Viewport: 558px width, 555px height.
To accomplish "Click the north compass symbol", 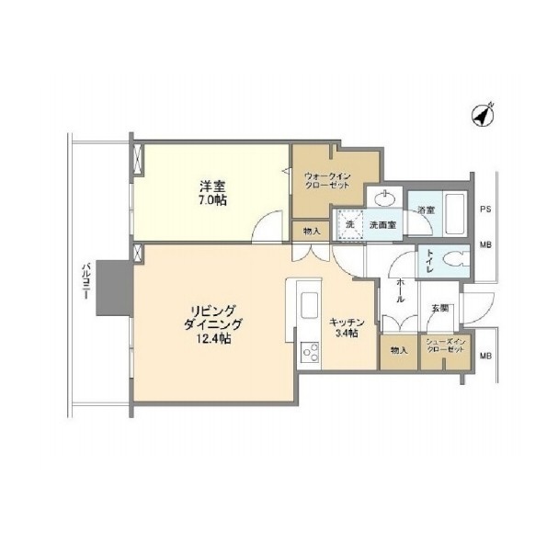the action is (x=483, y=115).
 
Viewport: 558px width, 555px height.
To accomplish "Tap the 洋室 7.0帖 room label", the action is (x=212, y=193).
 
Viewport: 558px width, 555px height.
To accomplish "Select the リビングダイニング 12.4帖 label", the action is (x=212, y=324).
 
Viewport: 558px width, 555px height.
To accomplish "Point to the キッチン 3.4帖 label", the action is (x=347, y=328).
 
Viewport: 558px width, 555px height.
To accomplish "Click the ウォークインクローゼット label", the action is (x=327, y=181).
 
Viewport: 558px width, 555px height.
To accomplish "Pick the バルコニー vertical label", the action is (x=85, y=280).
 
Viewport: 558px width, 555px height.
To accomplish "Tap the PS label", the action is (x=485, y=210).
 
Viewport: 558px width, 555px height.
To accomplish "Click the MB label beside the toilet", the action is (x=485, y=244).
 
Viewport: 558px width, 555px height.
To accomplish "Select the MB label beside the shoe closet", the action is (x=485, y=356).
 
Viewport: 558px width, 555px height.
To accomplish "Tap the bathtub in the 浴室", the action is (x=454, y=214).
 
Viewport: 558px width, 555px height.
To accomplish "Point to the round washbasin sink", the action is (x=385, y=198).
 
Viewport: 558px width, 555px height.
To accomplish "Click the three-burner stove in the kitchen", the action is (x=310, y=351).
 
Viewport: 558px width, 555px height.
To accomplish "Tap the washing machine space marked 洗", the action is (x=350, y=224).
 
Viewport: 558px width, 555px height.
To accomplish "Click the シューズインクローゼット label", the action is (x=446, y=345).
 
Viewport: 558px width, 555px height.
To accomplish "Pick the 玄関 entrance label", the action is (x=439, y=308).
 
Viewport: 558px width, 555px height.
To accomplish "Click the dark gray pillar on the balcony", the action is (x=114, y=288).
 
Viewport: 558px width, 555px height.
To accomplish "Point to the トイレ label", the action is (x=430, y=261).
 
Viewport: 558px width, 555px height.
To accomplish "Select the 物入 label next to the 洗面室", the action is (x=313, y=232).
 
